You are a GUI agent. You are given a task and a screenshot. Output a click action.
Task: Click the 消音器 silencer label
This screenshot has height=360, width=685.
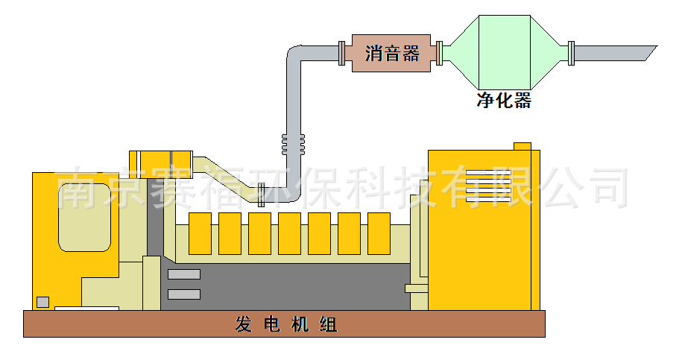tap(392, 54)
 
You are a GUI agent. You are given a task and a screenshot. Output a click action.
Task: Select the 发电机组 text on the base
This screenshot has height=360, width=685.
tap(286, 325)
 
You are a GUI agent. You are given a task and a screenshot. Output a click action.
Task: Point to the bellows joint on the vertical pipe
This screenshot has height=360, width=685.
tap(293, 144)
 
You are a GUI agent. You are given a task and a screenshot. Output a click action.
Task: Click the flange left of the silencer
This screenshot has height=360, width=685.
tap(341, 53)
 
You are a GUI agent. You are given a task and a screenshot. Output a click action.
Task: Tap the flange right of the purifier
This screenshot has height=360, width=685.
tap(571, 52)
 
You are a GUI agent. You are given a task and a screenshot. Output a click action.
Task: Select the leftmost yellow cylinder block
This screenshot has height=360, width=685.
tap(200, 233)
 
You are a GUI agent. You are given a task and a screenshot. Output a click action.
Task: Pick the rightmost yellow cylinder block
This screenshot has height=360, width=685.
tap(379, 233)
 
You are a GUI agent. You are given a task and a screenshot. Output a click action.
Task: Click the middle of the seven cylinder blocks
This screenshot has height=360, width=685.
tap(289, 233)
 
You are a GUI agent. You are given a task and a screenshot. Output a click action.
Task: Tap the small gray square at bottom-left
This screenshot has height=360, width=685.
tap(43, 302)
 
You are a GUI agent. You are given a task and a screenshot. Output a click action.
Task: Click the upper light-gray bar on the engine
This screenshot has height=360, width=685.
tap(184, 274)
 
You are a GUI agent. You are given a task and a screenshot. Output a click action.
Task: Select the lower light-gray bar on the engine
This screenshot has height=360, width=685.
tap(184, 294)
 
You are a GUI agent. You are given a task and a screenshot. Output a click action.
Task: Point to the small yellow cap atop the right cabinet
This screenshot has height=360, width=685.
tap(522, 145)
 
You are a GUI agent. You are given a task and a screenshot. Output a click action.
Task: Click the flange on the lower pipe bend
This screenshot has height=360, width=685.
tap(262, 192)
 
